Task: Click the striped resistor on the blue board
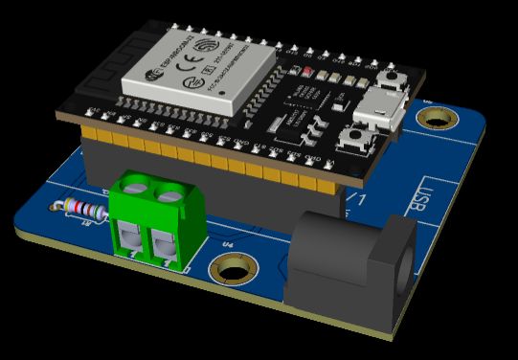coord(83,208)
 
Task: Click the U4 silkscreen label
coord(228,246)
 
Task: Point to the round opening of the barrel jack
coord(400,268)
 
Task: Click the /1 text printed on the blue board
coord(358,199)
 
